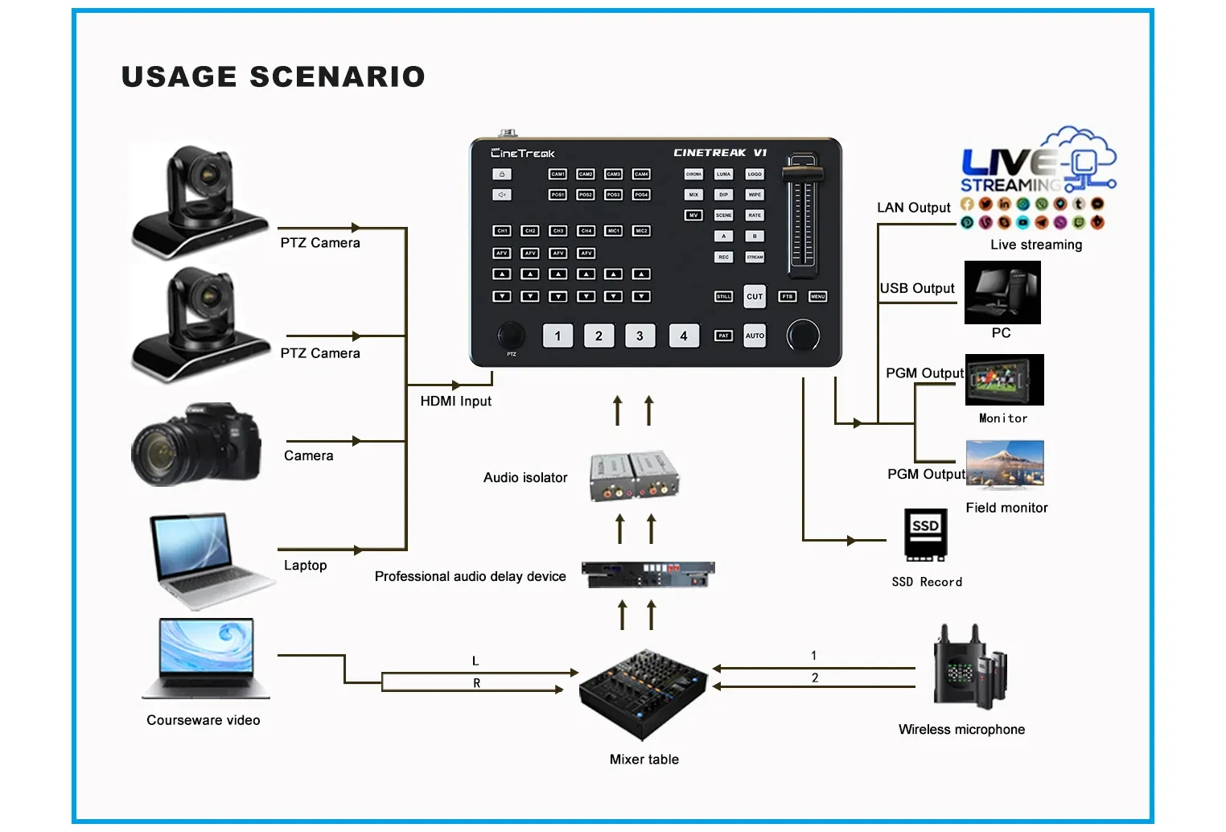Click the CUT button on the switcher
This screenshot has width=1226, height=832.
point(754,296)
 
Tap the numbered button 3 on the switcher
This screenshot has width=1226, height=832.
point(640,336)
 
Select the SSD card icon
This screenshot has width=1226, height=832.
point(925,534)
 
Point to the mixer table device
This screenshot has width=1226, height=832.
point(643,694)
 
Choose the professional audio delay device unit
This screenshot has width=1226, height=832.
point(648,574)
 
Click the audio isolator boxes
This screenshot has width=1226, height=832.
point(634,476)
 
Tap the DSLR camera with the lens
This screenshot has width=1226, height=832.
point(196,445)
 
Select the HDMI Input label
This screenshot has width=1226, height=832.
point(455,401)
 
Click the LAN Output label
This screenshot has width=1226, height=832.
point(913,208)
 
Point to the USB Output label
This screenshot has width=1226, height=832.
point(916,288)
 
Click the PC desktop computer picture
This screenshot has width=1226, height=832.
point(1002,292)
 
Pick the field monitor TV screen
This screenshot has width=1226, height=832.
point(1005,464)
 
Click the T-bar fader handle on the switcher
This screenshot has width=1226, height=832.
point(803,172)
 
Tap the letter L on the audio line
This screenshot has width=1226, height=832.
point(475,661)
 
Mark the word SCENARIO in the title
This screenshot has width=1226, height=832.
point(337,76)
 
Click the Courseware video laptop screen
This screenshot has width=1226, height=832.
point(206,647)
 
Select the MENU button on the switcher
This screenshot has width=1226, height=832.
point(817,296)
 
